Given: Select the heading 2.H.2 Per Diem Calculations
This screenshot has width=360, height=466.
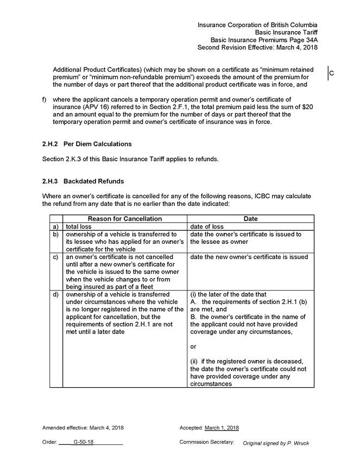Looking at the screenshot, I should tap(87, 144).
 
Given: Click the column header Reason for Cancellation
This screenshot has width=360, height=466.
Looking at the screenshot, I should tap(124, 218).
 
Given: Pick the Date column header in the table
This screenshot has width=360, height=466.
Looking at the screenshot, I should tap(250, 218).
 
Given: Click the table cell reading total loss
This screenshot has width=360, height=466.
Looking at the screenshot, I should tap(80, 226).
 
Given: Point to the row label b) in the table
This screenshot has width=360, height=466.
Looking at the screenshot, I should tap(55, 234).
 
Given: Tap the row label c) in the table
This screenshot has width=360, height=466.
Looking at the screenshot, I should tap(55, 257).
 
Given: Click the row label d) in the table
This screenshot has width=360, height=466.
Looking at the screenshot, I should tap(55, 295).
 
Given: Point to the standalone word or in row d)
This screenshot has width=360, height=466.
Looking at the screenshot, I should tap(193, 346).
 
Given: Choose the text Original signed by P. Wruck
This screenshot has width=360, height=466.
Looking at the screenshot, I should tap(276, 443).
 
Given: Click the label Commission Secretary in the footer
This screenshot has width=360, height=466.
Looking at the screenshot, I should tap(206, 442).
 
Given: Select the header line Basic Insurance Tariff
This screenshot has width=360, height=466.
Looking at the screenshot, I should tap(286, 32).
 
